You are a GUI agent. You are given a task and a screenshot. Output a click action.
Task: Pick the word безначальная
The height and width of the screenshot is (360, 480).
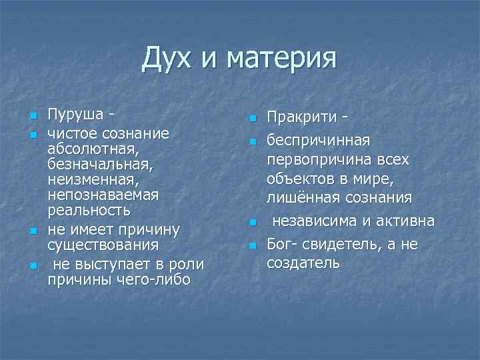coord(91,165)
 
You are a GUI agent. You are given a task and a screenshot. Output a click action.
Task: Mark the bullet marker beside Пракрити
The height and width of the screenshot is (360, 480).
coord(253,119)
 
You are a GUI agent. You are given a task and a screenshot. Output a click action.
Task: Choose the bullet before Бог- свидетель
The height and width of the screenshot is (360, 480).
coord(253,246)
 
